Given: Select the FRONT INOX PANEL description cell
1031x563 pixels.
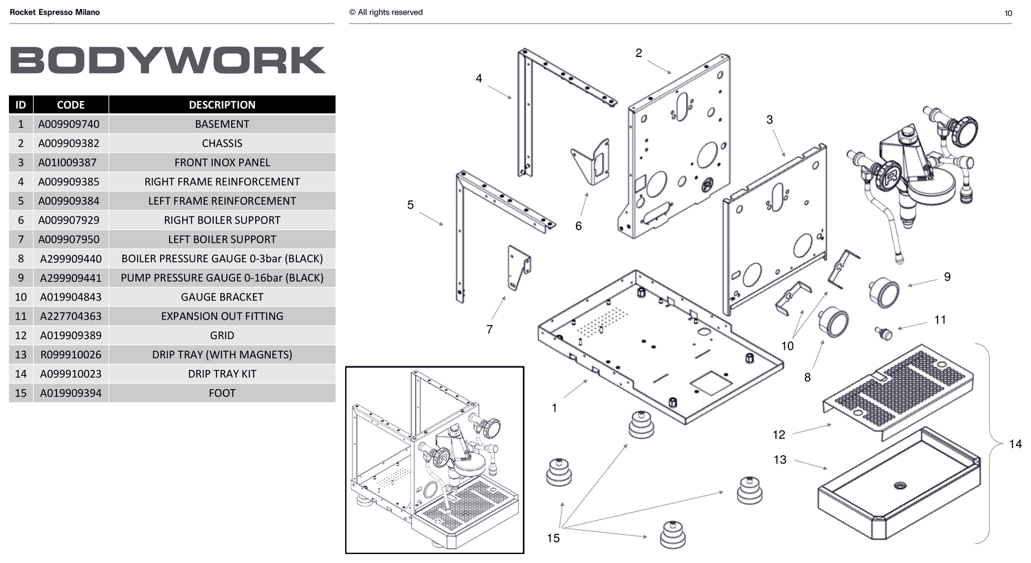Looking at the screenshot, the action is point(222,162).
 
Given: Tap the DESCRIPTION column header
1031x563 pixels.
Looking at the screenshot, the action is point(222,104).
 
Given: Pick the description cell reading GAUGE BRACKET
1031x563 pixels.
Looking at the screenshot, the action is point(222,297).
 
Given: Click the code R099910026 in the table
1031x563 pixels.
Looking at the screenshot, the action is point(71,355).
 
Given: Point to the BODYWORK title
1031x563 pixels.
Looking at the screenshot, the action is point(168,60).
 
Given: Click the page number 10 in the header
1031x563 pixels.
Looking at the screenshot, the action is point(1008,13).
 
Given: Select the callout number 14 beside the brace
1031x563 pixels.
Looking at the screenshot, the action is point(1015,444).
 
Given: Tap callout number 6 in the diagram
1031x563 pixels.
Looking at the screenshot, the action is point(579,226).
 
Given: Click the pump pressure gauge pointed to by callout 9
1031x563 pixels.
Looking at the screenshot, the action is point(884,293).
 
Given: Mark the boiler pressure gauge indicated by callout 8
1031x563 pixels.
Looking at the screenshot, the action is point(833,322).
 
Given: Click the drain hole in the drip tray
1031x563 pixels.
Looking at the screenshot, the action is point(900,485).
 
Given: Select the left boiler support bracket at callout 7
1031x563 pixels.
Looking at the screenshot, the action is point(519,267).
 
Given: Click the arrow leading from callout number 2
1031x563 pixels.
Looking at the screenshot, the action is point(659,67).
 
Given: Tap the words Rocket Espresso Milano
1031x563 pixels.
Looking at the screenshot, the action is point(55,12).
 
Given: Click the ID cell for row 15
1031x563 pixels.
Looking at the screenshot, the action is point(21,393).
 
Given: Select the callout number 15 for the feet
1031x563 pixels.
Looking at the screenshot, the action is point(553,538).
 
